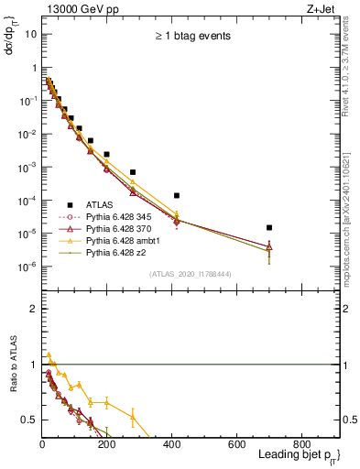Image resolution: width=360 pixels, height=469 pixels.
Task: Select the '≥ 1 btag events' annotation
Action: click(191, 37)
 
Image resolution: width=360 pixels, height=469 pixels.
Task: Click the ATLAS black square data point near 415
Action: click(177, 195)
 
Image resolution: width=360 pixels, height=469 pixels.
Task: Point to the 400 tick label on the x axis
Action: click(171, 444)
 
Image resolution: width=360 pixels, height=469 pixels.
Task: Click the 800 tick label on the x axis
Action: click(301, 444)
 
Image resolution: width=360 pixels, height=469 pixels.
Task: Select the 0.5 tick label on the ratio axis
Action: click(30, 420)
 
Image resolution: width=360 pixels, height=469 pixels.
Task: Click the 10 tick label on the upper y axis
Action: click(30, 34)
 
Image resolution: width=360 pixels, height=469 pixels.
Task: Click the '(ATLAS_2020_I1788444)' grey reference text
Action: click(190, 273)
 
